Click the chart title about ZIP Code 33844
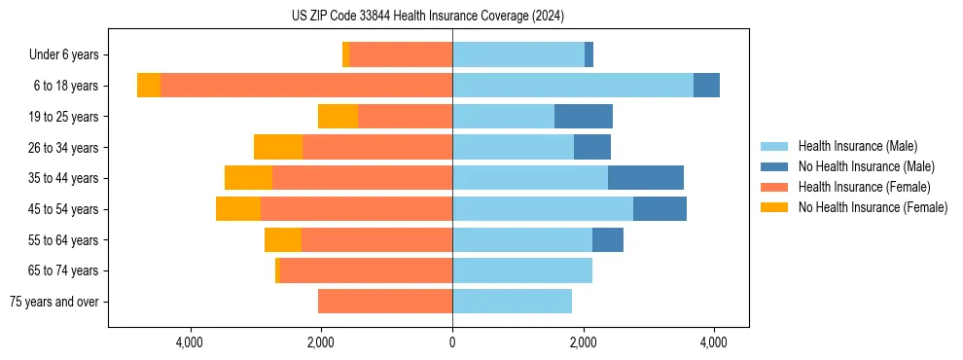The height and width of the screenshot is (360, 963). [428, 16]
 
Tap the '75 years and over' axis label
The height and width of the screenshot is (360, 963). [53, 302]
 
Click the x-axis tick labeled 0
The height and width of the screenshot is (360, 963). [452, 342]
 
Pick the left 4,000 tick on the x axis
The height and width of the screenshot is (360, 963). [190, 342]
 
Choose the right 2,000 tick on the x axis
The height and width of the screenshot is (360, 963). [584, 342]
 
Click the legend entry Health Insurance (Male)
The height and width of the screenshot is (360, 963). [857, 146]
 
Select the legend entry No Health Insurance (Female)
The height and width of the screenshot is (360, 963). [873, 207]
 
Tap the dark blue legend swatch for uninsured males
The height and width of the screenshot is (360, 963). [774, 166]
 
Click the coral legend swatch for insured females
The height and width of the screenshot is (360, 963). [774, 187]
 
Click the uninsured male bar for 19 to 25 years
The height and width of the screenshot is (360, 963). [584, 117]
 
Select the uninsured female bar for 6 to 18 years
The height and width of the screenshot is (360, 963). [149, 86]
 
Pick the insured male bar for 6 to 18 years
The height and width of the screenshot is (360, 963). [573, 86]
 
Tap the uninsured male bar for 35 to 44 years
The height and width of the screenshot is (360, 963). [646, 178]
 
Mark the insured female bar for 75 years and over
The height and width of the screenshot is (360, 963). [385, 302]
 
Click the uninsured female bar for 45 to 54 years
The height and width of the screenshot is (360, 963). [238, 209]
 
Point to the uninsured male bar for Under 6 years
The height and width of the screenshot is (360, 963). [589, 55]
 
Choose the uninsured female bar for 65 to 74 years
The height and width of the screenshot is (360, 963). [277, 270]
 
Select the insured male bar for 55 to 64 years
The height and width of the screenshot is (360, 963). [522, 239]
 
